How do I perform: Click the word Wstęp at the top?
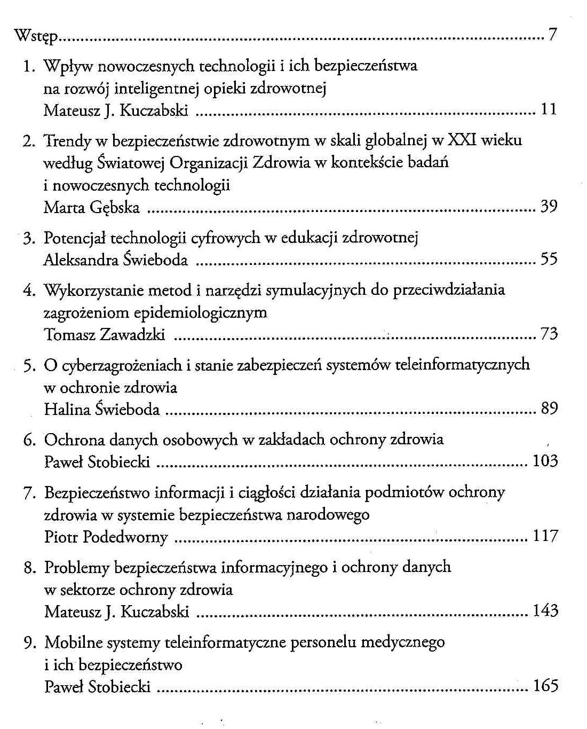tap(35, 36)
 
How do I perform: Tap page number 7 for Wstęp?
tap(552, 35)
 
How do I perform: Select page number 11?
tap(549, 109)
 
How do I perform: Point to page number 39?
tap(549, 206)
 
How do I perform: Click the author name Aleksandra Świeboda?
tap(115, 260)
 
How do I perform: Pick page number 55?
tap(549, 259)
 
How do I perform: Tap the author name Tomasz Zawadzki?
tap(104, 334)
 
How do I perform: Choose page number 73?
tap(549, 334)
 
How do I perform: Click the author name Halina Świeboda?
tap(102, 409)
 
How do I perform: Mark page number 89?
tap(549, 409)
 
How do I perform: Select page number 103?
tap(545, 461)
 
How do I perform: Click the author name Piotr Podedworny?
tap(106, 537)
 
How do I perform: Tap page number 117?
tap(545, 536)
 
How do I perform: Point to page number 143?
tap(545, 610)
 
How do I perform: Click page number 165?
tap(545, 685)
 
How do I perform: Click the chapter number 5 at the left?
tap(29, 365)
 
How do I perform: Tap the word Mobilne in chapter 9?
tap(73, 642)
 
